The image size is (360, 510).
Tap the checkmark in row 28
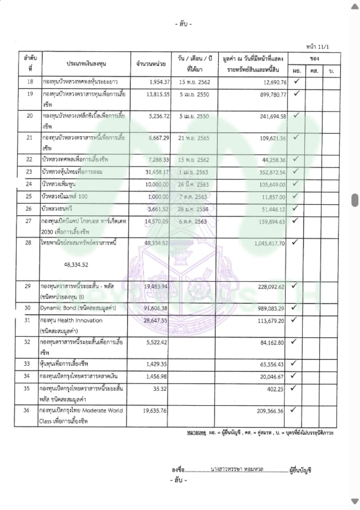pyautogui.click(x=296, y=242)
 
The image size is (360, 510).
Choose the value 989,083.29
pyautogui.click(x=269, y=308)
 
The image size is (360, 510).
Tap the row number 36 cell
pyautogui.click(x=30, y=410)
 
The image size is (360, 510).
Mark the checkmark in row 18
pyautogui.click(x=296, y=81)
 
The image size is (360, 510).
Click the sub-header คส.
pyautogui.click(x=313, y=71)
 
